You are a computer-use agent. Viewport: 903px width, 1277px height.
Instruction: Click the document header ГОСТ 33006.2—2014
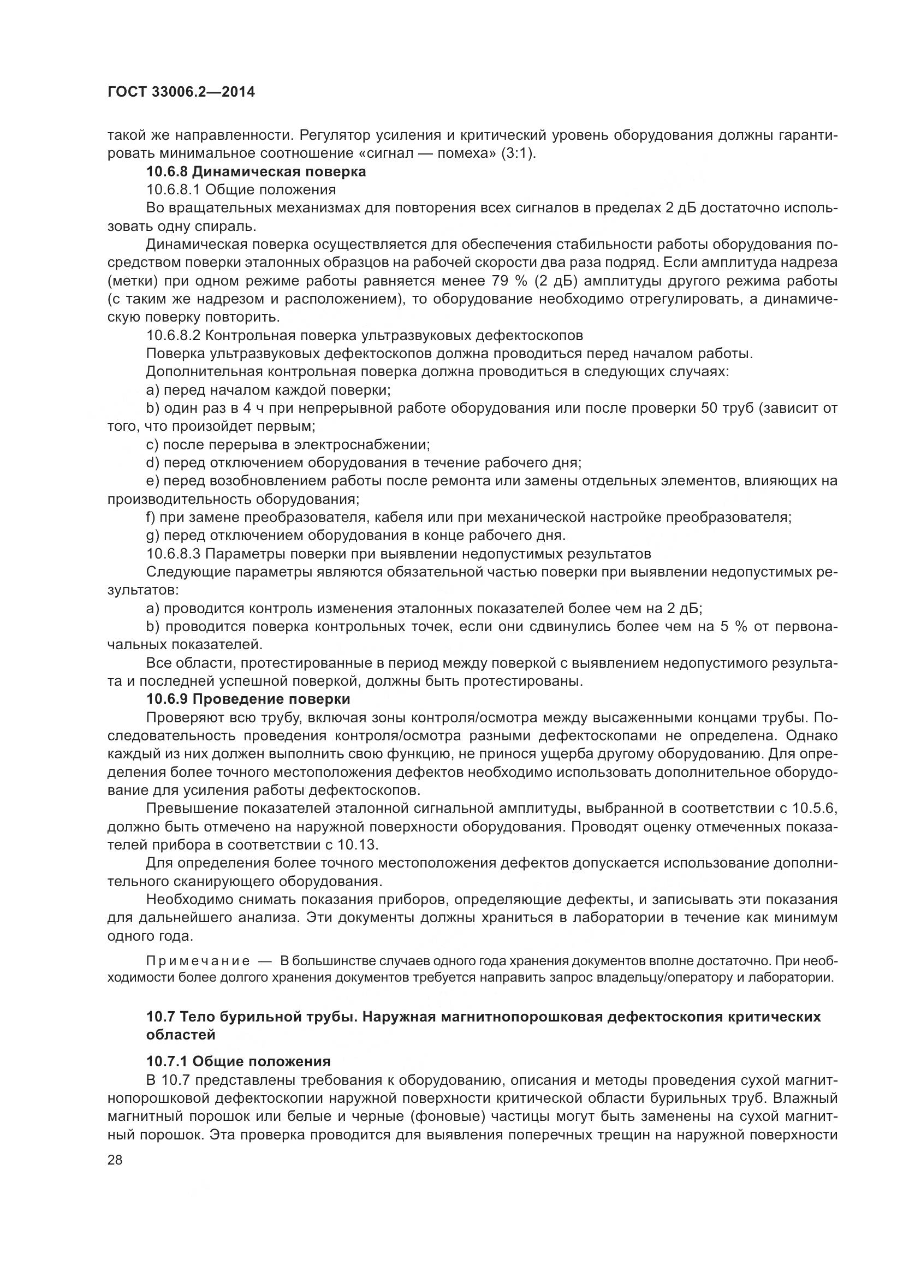click(x=181, y=92)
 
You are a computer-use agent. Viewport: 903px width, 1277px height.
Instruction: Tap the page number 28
click(x=115, y=1160)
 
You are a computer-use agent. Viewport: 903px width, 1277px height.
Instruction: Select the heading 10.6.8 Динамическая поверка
click(x=256, y=171)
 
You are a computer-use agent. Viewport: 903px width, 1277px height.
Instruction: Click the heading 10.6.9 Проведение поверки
click(x=248, y=699)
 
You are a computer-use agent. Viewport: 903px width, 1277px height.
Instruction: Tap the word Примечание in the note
click(x=198, y=961)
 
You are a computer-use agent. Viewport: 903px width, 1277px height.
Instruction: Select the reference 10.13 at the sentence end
click(x=358, y=844)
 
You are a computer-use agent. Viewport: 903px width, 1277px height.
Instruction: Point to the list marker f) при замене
click(x=151, y=517)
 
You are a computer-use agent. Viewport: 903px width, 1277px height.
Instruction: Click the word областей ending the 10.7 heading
click(x=181, y=1035)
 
